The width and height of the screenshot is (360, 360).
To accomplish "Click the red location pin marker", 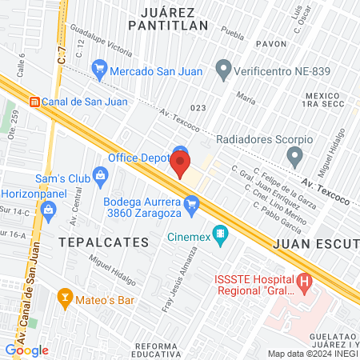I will pyautogui.click(x=180, y=164).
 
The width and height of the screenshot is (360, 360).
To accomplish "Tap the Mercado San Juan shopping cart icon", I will pyautogui.click(x=99, y=70).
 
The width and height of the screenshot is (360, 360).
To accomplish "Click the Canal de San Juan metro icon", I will pyautogui.click(x=34, y=101).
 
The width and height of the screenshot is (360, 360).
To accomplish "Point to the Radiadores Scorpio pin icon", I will pyautogui.click(x=295, y=155).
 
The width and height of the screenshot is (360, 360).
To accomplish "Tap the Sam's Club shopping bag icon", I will pyautogui.click(x=100, y=174).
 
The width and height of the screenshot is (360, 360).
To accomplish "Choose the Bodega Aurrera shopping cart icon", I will pyautogui.click(x=191, y=207).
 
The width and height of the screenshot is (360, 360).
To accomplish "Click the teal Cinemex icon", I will pyautogui.click(x=222, y=235).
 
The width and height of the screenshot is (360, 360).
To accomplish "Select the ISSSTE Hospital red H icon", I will pyautogui.click(x=303, y=282).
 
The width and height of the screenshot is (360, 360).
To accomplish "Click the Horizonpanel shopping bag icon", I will pyautogui.click(x=47, y=210).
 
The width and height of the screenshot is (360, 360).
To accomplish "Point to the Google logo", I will pyautogui.click(x=26, y=350).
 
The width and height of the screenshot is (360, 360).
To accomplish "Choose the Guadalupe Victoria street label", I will pyautogui.click(x=102, y=44).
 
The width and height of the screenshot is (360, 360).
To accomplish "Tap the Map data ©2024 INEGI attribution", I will pyautogui.click(x=313, y=353).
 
